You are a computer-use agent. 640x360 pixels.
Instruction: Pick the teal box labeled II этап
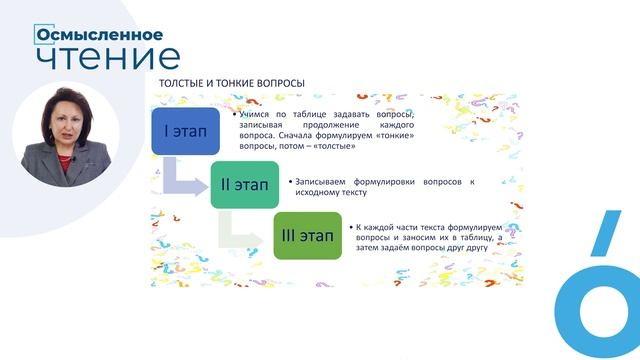click(244, 184)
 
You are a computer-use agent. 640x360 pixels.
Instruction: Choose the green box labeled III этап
click(307, 237)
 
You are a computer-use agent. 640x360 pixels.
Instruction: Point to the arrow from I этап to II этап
click(185, 177)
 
